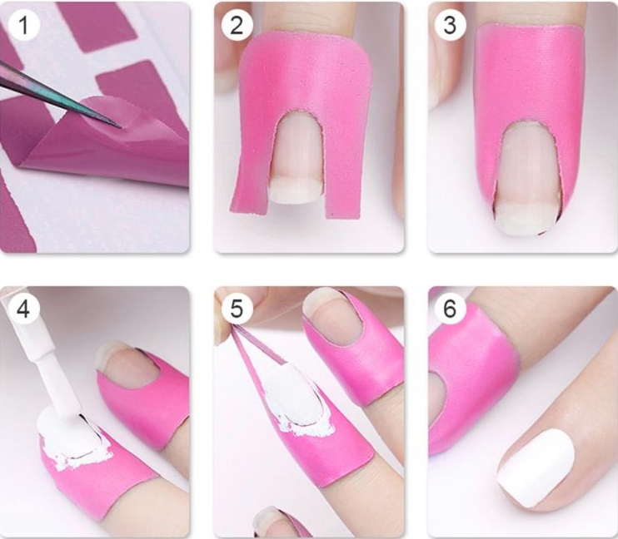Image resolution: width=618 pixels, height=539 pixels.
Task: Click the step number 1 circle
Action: [x=23, y=25]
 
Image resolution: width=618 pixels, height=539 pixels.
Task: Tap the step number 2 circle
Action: [x=237, y=25]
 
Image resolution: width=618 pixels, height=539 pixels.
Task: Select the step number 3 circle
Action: [x=450, y=25]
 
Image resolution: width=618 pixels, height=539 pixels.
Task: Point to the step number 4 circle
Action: [x=23, y=309]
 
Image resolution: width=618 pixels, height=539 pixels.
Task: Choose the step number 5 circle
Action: [x=237, y=309]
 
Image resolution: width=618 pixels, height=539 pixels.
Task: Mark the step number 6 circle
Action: [x=450, y=309]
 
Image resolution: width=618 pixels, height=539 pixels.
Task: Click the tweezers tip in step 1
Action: [x=119, y=126]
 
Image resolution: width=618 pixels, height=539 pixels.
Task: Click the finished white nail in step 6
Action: [x=536, y=467]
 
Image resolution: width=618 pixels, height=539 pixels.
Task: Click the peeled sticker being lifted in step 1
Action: [x=102, y=138]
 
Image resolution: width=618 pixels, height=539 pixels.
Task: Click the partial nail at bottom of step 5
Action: [x=273, y=522]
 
